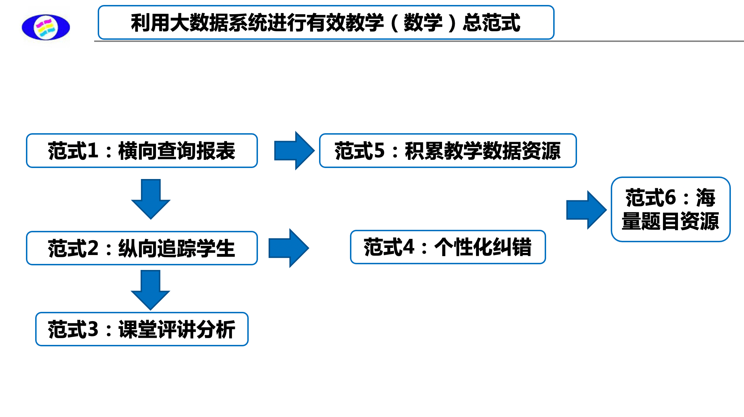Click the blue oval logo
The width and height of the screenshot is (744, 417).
(x=46, y=27)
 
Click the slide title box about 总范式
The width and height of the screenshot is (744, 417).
(x=326, y=22)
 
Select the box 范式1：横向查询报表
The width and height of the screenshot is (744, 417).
(x=142, y=151)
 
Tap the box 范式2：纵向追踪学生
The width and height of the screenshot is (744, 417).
(x=142, y=248)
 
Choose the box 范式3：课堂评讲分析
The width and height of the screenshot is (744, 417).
(x=142, y=329)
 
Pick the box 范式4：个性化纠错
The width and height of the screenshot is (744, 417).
(x=448, y=247)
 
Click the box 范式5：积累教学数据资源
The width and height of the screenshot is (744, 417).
(x=448, y=151)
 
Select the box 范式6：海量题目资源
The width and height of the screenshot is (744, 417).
(x=670, y=210)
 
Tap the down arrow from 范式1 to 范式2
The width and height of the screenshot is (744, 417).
(x=151, y=199)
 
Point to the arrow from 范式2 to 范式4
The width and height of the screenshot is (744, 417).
(x=289, y=248)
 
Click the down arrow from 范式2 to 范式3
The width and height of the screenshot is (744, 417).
(x=150, y=289)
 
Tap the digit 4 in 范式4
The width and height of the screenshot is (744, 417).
(x=409, y=247)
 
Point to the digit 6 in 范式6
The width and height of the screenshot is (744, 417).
(x=670, y=197)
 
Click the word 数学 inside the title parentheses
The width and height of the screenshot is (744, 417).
(x=423, y=23)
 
